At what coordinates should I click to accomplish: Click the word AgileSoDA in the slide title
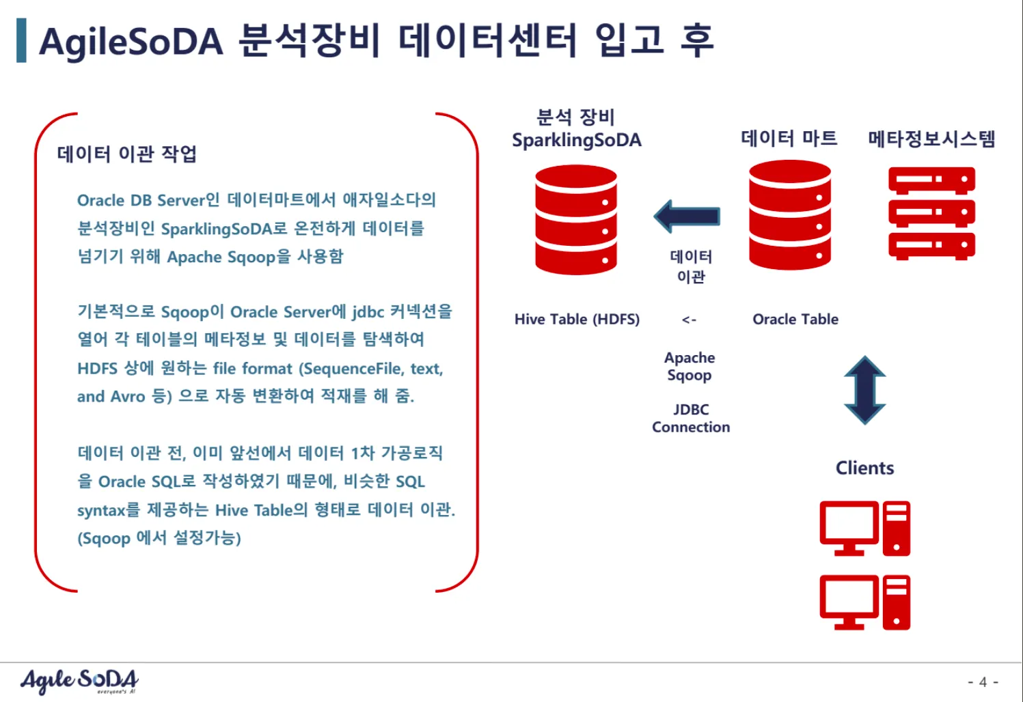[x=131, y=42]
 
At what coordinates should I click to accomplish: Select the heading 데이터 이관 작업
[x=127, y=154]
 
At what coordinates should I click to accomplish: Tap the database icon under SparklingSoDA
[x=576, y=220]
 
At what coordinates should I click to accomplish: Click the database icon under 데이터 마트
[x=789, y=214]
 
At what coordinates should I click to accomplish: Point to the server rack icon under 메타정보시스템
[x=931, y=214]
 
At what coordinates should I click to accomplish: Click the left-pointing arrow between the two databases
[x=687, y=216]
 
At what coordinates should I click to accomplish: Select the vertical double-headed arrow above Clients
[x=864, y=390]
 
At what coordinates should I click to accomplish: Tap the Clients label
[x=864, y=468]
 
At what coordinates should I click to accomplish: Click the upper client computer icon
[x=864, y=529]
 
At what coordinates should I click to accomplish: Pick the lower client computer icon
[x=864, y=602]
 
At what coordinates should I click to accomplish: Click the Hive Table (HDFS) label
[x=577, y=319]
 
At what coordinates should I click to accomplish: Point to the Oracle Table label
[x=795, y=319]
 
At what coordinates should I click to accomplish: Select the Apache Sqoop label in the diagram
[x=690, y=367]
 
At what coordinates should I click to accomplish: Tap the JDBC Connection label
[x=691, y=418]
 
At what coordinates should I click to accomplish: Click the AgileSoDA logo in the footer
[x=79, y=682]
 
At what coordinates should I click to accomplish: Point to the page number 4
[x=983, y=682]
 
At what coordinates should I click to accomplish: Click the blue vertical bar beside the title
[x=21, y=40]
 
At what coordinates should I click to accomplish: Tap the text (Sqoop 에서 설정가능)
[x=159, y=538]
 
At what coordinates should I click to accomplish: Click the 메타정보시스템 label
[x=931, y=139]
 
